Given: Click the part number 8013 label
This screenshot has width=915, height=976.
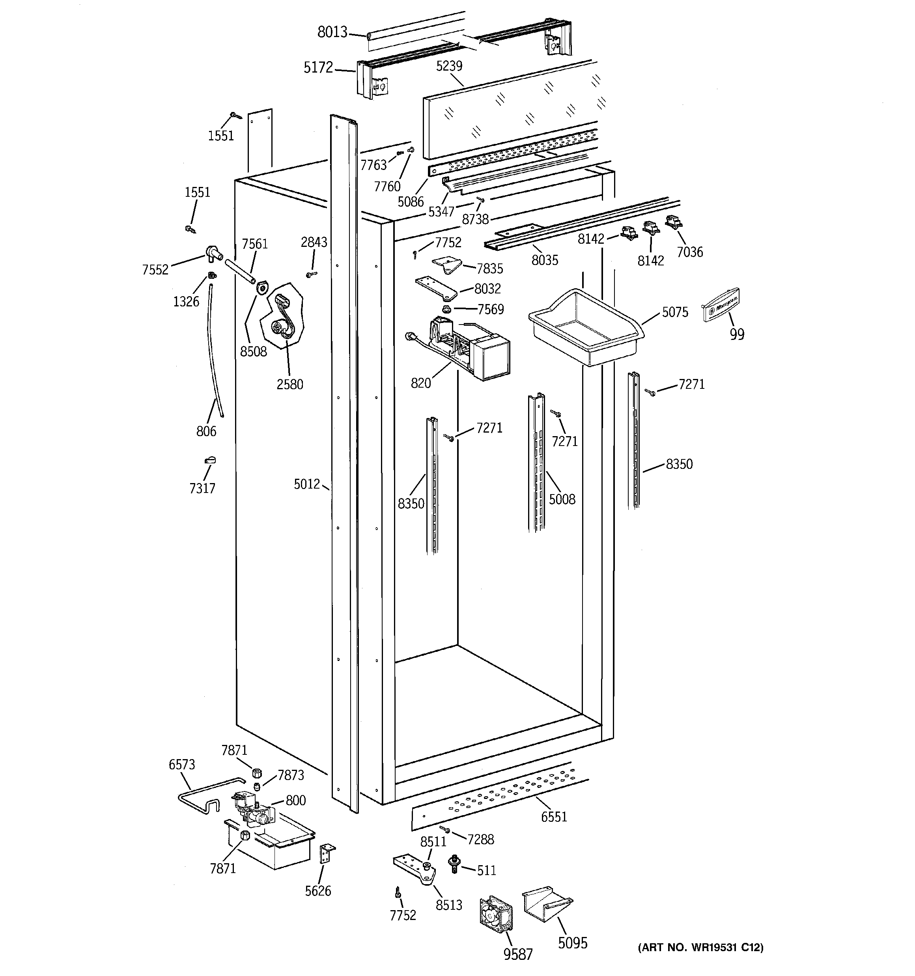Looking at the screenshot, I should click(332, 32).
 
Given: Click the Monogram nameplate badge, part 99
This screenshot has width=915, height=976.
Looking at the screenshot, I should click(721, 305).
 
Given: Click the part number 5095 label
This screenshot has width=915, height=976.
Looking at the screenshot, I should click(572, 942).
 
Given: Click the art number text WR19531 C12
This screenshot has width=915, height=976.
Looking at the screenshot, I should click(700, 948).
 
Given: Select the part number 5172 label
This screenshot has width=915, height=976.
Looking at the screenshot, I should click(318, 67).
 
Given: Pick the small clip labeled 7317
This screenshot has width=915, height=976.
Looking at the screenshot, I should click(210, 460).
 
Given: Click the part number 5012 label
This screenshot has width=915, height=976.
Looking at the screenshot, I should click(306, 485).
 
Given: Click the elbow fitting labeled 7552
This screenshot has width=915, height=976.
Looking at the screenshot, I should click(213, 252).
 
